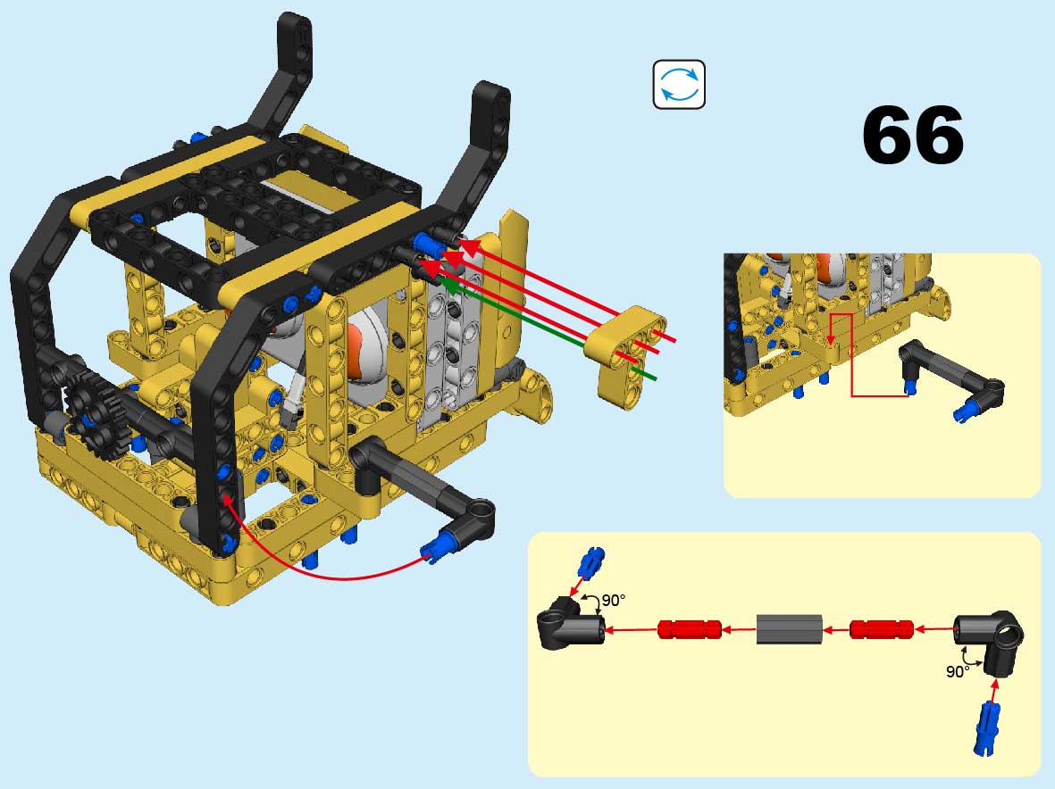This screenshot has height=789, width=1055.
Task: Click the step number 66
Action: (912, 135)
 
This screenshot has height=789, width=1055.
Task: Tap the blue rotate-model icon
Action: (679, 85)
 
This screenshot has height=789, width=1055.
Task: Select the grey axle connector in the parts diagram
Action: (789, 629)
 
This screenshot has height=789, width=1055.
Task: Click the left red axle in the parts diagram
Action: (689, 630)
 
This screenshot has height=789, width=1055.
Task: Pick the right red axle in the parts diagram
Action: (882, 630)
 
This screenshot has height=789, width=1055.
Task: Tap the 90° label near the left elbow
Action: (613, 600)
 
